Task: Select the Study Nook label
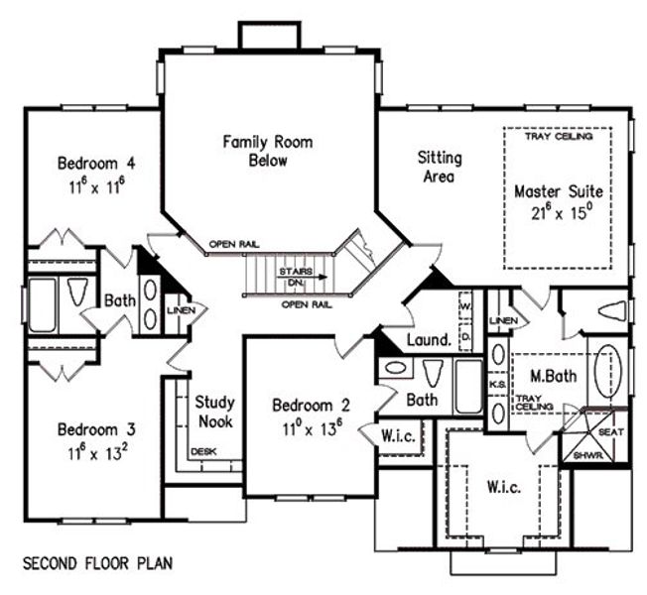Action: (x=214, y=412)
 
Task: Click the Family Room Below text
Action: (x=268, y=152)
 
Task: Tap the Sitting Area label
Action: (x=439, y=168)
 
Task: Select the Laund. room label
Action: (x=429, y=340)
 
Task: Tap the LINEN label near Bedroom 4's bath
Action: (x=188, y=311)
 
